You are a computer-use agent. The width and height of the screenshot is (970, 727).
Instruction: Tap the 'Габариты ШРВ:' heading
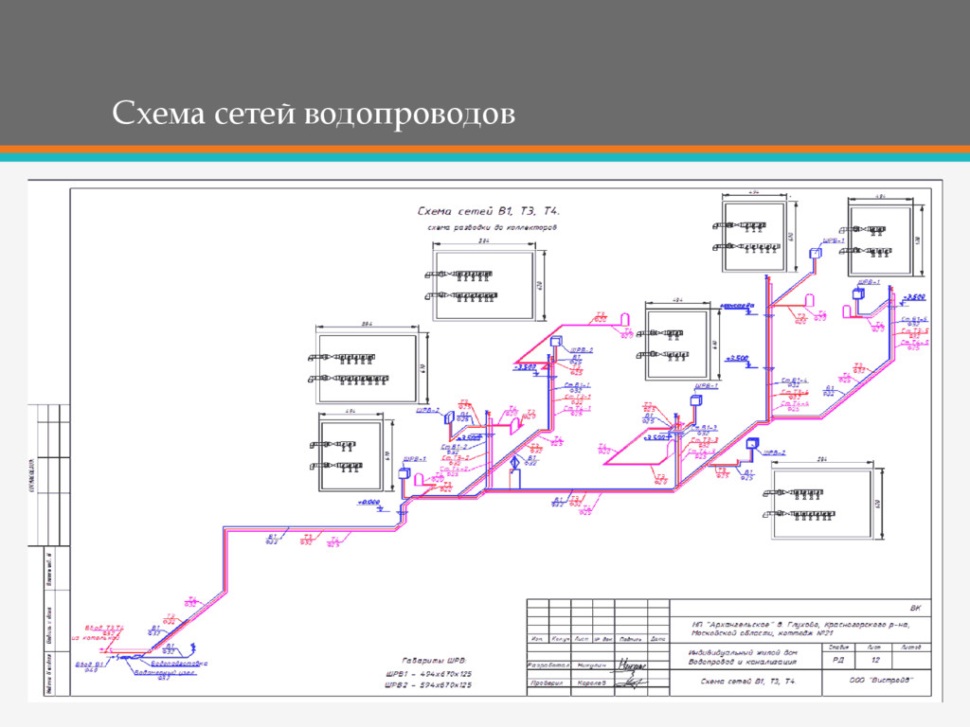[432, 659]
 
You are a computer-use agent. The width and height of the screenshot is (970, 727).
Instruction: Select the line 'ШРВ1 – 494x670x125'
[428, 672]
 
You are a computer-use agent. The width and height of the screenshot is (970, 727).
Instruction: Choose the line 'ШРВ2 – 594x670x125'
[428, 684]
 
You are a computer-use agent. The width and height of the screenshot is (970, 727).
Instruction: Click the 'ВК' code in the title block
[914, 607]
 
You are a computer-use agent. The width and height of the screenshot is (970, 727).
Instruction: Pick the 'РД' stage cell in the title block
[839, 661]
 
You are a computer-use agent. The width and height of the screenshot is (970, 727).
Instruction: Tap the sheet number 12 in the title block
[876, 661]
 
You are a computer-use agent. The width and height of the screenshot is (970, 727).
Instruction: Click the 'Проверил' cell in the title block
[547, 683]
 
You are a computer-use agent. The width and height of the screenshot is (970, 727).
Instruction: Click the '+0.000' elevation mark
[368, 502]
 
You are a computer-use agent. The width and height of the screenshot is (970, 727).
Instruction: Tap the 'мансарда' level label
[737, 306]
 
